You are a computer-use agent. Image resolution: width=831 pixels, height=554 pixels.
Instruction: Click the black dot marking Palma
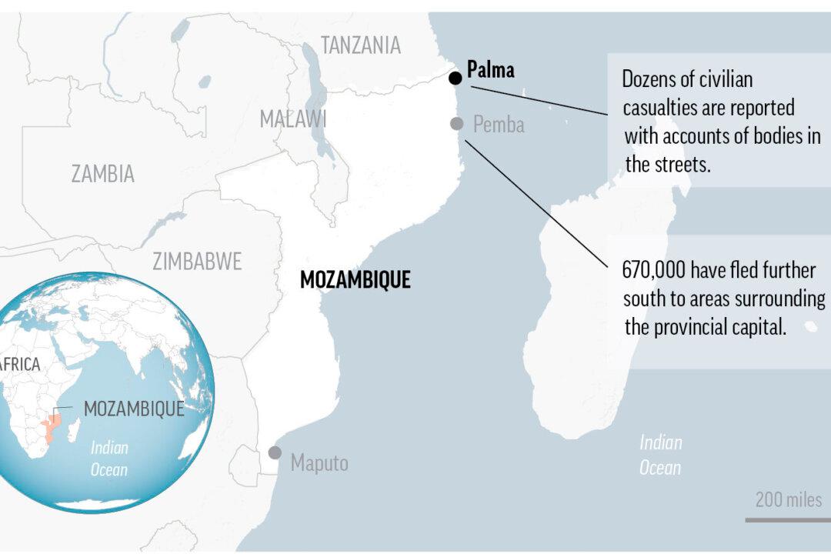point(456,78)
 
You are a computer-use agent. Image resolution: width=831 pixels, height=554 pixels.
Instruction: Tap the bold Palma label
point(490,71)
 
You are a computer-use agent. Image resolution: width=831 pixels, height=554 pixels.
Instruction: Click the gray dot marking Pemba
point(457,123)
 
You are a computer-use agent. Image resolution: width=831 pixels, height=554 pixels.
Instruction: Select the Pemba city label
point(499,124)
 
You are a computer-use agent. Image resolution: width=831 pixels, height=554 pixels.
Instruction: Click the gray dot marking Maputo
point(275,452)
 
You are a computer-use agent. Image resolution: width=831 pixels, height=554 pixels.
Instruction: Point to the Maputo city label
point(319,462)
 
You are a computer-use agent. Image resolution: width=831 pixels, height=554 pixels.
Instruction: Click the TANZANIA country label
point(361,45)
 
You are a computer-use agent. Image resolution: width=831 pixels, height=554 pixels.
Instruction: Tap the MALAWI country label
point(292,118)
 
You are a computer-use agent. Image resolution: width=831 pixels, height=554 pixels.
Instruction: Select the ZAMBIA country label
point(102,174)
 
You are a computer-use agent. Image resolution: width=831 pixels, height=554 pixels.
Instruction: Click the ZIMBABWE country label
point(197,262)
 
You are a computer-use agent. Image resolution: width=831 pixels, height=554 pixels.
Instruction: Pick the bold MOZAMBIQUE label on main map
point(355,280)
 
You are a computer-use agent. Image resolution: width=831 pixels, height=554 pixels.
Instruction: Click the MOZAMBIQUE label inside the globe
point(134,409)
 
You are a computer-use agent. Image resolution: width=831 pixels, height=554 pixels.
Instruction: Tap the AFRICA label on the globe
point(18,365)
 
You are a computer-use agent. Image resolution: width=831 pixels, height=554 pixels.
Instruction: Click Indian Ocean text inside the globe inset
point(109,459)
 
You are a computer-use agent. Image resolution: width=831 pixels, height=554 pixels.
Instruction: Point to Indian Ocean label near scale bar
point(661,454)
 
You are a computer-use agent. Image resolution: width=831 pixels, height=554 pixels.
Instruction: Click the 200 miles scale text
point(788,499)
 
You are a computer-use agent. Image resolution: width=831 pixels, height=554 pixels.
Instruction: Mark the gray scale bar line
point(786,520)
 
